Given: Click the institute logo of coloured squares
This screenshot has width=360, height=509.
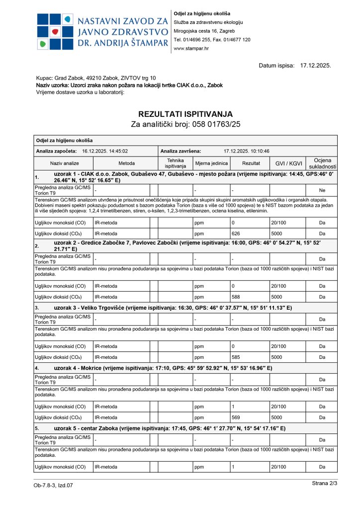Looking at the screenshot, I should (54, 31).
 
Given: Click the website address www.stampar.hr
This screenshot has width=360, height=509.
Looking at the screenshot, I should (191, 48).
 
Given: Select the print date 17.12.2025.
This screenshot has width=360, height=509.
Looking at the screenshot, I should (316, 65).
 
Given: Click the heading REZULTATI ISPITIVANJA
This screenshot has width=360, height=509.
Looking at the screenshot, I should (185, 114).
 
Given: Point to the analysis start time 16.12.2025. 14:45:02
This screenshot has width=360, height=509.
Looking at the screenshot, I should (105, 151).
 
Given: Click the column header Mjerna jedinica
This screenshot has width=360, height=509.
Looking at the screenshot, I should (212, 163).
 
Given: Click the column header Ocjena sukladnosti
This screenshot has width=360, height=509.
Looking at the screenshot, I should (322, 163).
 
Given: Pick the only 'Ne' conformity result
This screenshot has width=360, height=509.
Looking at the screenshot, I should (322, 190).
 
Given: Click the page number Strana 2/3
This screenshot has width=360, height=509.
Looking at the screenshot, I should (325, 483).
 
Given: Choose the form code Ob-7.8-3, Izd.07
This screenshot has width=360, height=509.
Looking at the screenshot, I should (53, 485).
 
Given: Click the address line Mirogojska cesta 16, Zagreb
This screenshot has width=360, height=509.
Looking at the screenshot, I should (207, 31).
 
